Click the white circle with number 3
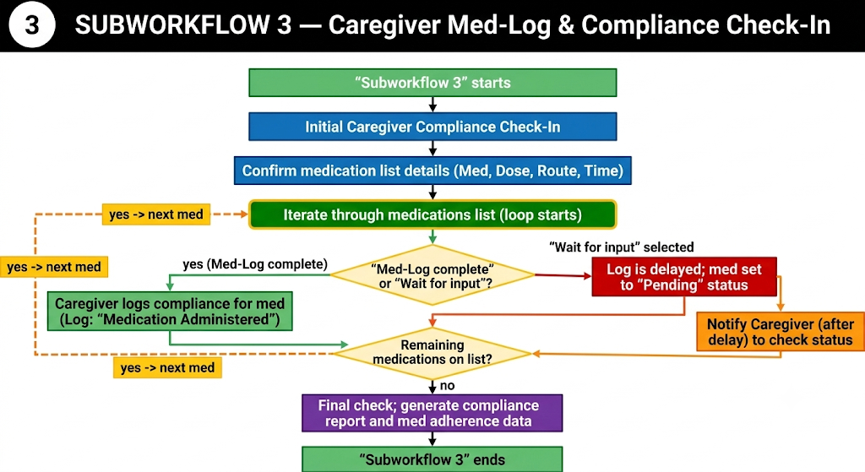pos(32,25)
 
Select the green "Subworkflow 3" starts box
pos(432,83)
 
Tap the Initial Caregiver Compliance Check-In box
pos(432,127)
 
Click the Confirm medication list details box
pos(432,171)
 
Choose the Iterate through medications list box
pos(432,214)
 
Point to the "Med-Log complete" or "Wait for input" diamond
pos(432,275)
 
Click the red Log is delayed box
pos(684,277)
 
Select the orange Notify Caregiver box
pos(780,332)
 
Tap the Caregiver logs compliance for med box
pos(170,312)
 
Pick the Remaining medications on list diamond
pos(432,353)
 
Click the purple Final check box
pos(432,413)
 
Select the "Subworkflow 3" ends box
pos(432,459)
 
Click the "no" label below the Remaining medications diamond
pos(448,385)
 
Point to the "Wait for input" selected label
pos(621,247)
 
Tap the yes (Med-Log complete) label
pos(255,264)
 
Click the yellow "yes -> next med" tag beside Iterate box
pos(156,214)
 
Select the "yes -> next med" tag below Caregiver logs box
pos(168,368)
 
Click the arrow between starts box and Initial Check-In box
pos(432,105)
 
